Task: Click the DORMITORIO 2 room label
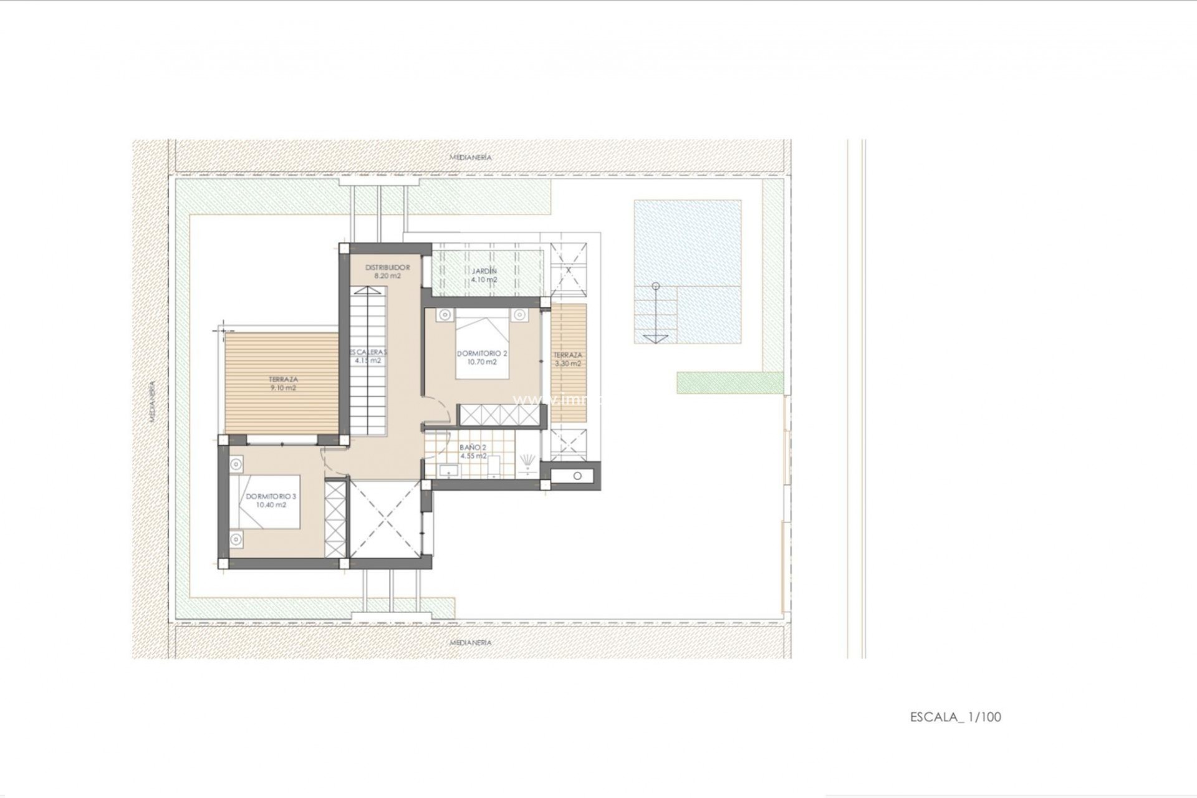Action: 482,353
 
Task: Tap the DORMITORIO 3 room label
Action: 271,496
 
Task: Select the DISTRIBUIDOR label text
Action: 387,267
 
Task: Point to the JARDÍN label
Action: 484,271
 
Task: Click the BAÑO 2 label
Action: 473,448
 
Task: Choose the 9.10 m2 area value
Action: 283,388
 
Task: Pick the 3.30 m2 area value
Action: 567,363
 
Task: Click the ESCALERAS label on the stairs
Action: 368,352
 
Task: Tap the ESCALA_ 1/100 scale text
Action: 955,717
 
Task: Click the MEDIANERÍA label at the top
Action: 471,157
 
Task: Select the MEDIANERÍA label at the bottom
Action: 471,642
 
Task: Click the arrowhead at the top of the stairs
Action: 367,289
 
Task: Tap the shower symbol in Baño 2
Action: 529,461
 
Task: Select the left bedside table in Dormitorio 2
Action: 445,315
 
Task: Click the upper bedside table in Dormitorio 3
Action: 236,464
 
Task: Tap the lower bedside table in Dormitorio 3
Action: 236,539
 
